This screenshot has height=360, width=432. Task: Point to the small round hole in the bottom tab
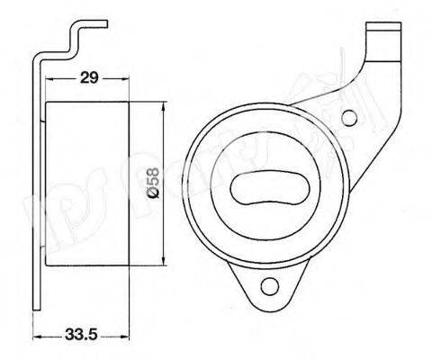267,287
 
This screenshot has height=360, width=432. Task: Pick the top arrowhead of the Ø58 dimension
163,107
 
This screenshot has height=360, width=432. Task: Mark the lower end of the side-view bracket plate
37,301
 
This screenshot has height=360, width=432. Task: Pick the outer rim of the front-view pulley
193,189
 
